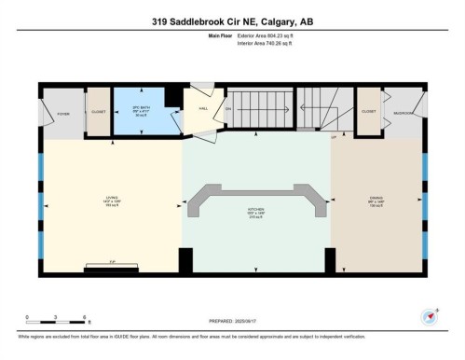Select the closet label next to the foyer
[98, 112]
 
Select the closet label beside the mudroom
[368, 112]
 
